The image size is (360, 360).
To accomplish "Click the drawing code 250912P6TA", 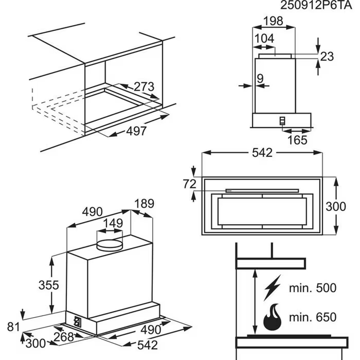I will click(316, 6).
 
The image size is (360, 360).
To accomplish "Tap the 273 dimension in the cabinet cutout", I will click(144, 86).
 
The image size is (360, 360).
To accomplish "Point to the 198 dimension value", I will click(274, 21).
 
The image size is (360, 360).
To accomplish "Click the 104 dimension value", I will click(264, 39).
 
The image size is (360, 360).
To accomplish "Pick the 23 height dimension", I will click(327, 56).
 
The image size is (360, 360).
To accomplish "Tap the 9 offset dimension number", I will click(260, 78).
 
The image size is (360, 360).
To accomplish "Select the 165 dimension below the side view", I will click(297, 140).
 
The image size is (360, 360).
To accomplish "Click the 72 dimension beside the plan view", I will click(189, 184).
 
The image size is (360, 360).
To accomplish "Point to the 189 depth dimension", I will click(144, 203).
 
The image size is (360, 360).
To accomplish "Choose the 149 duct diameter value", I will click(113, 223).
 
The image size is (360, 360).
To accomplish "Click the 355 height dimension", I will click(48, 285).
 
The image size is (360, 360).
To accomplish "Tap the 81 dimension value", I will click(13, 327).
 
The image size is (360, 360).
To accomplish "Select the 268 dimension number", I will click(64, 337).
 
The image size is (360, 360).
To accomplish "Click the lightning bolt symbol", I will click(272, 287).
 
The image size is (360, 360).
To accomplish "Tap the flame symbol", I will click(272, 316).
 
